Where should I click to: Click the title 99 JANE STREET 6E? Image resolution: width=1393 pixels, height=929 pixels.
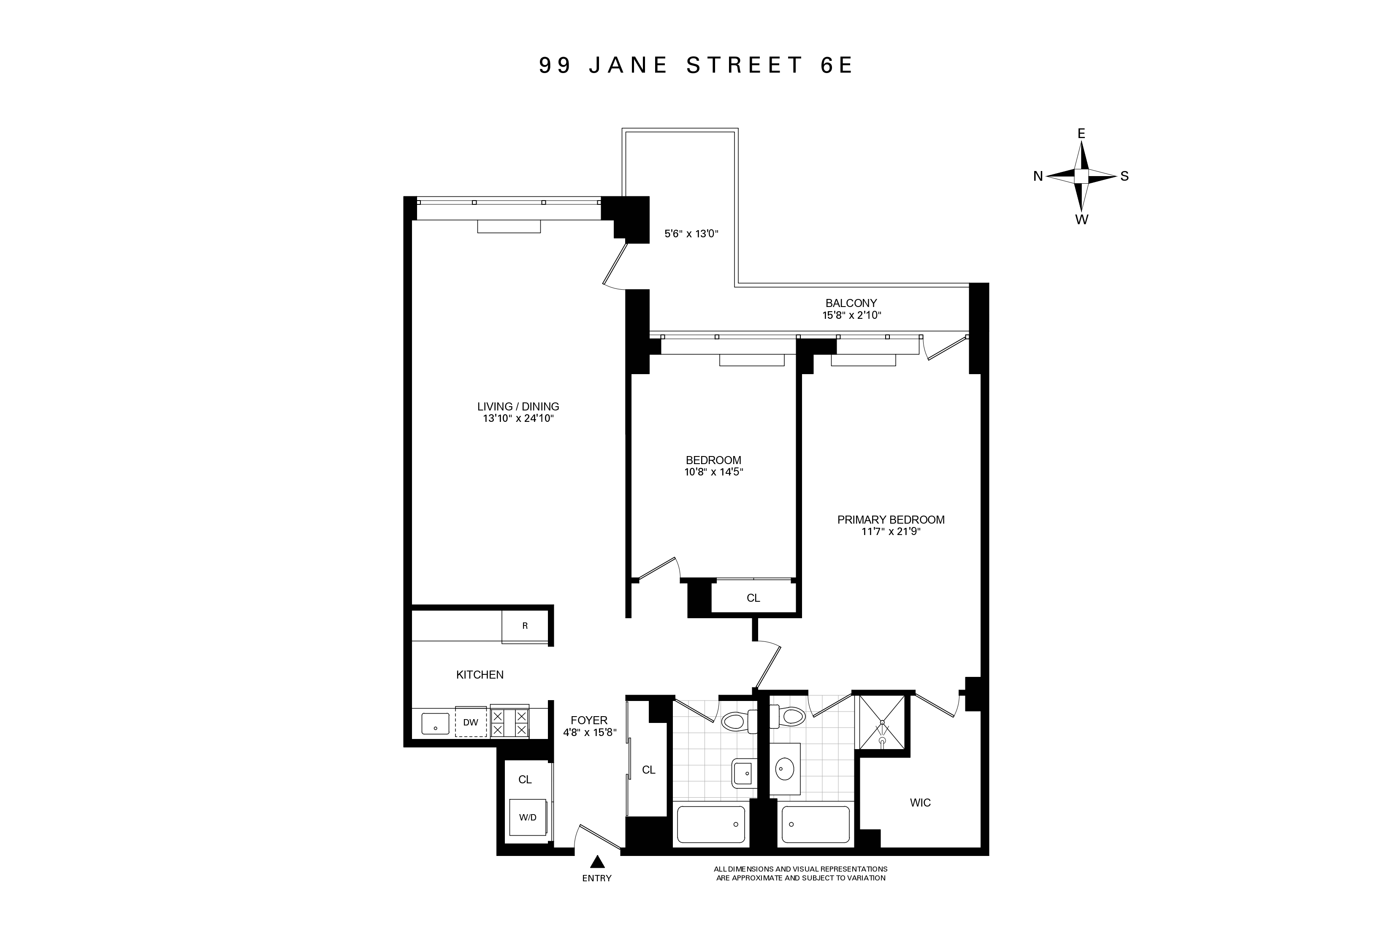pyautogui.click(x=696, y=65)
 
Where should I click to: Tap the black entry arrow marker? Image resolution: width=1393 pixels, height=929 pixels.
pyautogui.click(x=598, y=861)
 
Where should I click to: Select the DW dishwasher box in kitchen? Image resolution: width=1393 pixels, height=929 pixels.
pyautogui.click(x=471, y=722)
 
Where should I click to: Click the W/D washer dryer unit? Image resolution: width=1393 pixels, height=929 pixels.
pyautogui.click(x=528, y=817)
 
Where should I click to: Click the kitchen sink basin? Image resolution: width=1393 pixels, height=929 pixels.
pyautogui.click(x=435, y=723)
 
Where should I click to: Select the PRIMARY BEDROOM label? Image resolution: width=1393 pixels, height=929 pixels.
pyautogui.click(x=891, y=519)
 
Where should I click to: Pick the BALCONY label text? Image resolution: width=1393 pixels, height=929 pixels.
pyautogui.click(x=851, y=303)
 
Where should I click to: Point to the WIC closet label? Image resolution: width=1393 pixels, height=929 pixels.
pyautogui.click(x=920, y=803)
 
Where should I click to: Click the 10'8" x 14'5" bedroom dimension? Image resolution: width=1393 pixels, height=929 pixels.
pyautogui.click(x=713, y=472)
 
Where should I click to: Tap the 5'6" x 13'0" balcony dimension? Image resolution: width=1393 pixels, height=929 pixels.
pyautogui.click(x=691, y=234)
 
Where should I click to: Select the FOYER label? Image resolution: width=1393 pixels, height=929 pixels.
pyautogui.click(x=589, y=720)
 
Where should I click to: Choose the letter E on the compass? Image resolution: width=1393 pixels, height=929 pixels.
pyautogui.click(x=1081, y=134)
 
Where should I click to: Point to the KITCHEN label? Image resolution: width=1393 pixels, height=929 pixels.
pyautogui.click(x=480, y=675)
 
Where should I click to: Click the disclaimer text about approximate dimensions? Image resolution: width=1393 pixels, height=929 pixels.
pyautogui.click(x=800, y=873)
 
